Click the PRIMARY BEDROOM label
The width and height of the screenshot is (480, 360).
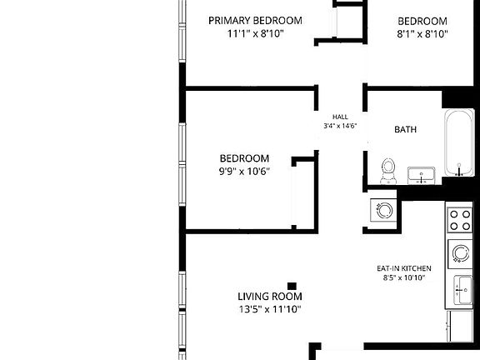[255, 21]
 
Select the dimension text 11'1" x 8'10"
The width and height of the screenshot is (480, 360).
[255, 34]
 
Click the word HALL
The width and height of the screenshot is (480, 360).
[340, 117]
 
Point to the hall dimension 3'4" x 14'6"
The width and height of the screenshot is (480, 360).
[340, 126]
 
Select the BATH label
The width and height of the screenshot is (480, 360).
[406, 130]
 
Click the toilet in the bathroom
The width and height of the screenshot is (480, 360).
[387, 169]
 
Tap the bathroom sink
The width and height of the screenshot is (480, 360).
[422, 175]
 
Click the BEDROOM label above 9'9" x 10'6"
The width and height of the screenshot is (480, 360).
[244, 158]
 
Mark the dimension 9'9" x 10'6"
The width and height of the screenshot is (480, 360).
[244, 172]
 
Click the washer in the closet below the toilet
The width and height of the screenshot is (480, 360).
[384, 212]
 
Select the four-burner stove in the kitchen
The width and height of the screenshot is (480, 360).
[460, 219]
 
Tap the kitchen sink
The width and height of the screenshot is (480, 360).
[462, 291]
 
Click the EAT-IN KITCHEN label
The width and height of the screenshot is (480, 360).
[403, 268]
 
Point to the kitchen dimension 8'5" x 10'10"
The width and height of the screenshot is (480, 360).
[403, 278]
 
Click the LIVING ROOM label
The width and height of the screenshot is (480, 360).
[269, 296]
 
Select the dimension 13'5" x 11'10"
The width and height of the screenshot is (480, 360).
[269, 309]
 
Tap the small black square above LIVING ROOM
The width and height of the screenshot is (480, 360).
[292, 285]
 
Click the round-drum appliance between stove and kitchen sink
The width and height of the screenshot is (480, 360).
[460, 252]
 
